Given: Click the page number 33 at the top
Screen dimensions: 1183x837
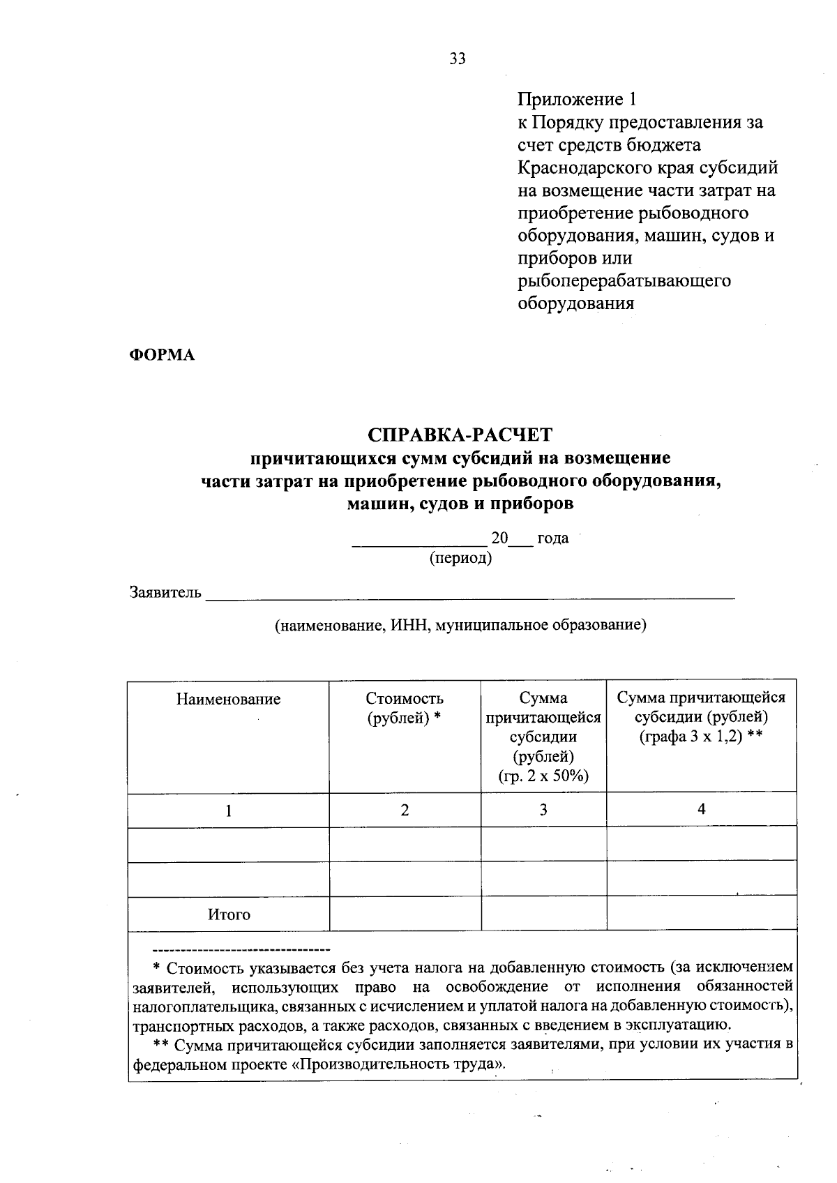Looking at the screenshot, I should click(457, 59).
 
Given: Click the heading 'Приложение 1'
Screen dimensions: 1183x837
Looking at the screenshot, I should click(577, 100).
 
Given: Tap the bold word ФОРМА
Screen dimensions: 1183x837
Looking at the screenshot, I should click(162, 355).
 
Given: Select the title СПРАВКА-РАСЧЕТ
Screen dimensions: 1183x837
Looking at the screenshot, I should click(460, 435).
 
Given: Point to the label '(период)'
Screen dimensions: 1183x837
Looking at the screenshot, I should click(460, 558).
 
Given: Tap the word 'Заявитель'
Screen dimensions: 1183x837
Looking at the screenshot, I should click(166, 593).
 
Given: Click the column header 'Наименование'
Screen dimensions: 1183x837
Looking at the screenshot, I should click(228, 699).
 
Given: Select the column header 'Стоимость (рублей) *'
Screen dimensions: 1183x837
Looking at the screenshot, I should click(405, 708).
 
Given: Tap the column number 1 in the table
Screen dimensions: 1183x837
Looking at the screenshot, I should click(228, 810).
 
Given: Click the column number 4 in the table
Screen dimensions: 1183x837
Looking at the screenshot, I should click(701, 808).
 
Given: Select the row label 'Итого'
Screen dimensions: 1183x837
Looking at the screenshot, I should click(228, 914).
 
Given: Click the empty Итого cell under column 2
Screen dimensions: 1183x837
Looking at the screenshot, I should click(405, 914).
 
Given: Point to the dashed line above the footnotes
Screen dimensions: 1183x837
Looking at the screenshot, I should click(241, 950).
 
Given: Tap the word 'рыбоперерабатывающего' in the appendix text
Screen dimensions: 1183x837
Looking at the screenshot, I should click(624, 280).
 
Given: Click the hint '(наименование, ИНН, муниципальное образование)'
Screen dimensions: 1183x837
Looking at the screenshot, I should click(460, 625).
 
